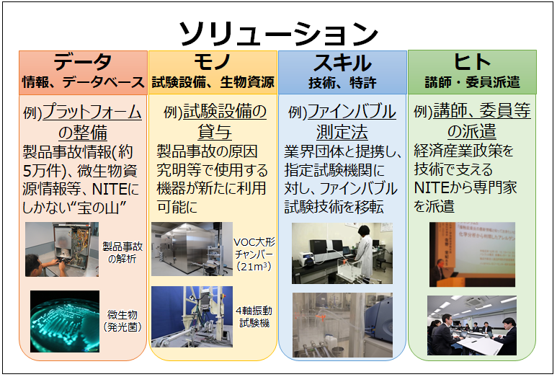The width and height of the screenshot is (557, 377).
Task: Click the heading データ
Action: tap(82, 62)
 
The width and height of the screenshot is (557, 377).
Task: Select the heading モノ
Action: tap(213, 62)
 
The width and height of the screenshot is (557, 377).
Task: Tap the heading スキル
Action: tap(342, 62)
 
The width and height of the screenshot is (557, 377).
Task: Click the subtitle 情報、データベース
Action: tap(83, 83)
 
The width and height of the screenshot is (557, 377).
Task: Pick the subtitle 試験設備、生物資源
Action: tap(213, 83)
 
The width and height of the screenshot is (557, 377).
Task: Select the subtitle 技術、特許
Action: tap(342, 83)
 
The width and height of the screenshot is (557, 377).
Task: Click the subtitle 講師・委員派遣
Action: tap(472, 81)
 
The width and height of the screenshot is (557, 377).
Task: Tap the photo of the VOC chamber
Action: tap(192, 249)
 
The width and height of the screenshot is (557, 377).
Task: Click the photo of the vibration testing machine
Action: tap(192, 316)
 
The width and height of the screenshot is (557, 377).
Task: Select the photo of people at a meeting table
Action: tap(473, 324)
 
